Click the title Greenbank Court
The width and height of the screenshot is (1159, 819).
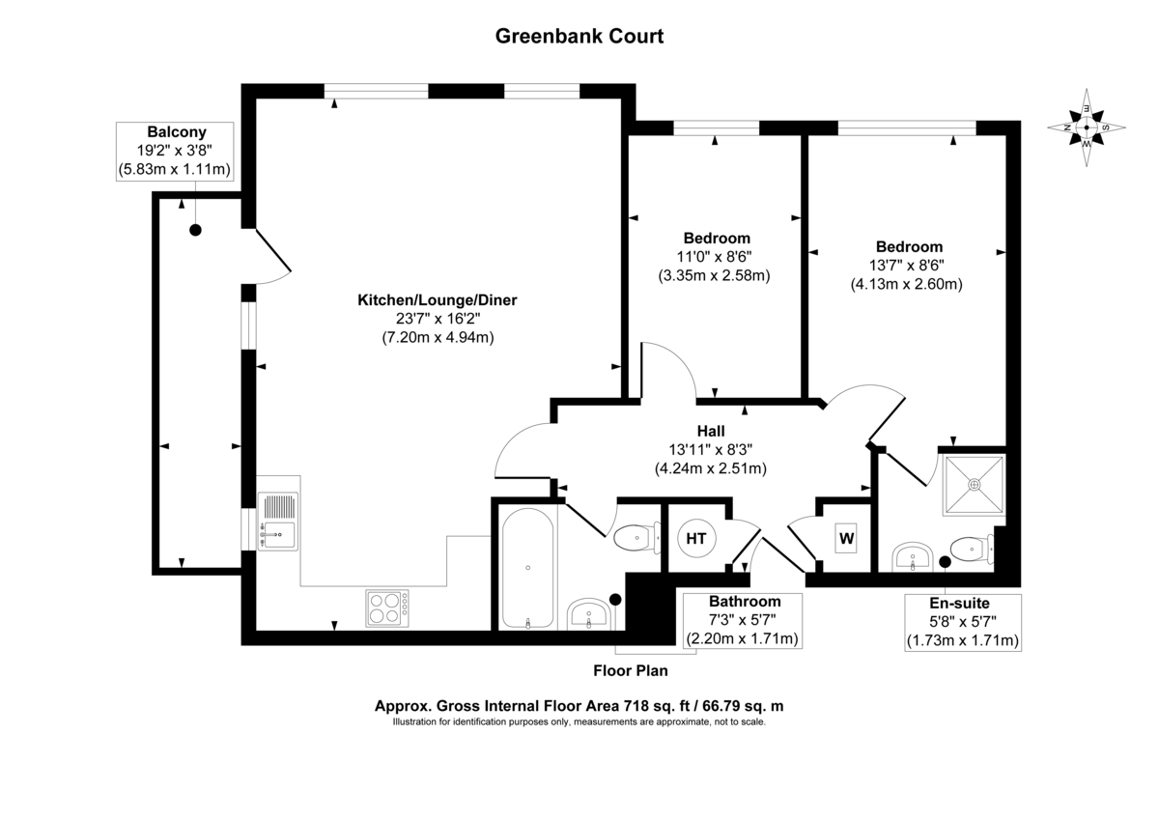pyautogui.click(x=579, y=37)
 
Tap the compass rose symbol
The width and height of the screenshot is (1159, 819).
pyautogui.click(x=1087, y=127)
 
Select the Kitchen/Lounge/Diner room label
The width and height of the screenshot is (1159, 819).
pyautogui.click(x=438, y=300)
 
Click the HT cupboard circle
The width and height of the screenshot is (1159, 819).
pyautogui.click(x=695, y=539)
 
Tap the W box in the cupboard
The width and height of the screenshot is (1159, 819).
pyautogui.click(x=846, y=539)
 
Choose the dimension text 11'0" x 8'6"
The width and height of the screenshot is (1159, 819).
pyautogui.click(x=715, y=257)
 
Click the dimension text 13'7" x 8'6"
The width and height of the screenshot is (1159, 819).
pyautogui.click(x=908, y=266)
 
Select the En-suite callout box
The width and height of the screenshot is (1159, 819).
pyautogui.click(x=962, y=620)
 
